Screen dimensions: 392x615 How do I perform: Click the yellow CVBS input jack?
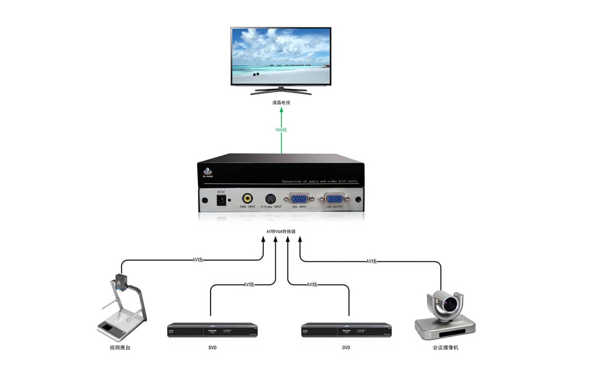coord(248,198)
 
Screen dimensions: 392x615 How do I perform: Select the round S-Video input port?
coord(271,198)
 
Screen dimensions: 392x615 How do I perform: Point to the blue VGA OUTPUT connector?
coord(334,199)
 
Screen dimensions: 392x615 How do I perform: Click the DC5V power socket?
coord(221,200)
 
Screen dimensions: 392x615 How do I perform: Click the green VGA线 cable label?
coord(281,130)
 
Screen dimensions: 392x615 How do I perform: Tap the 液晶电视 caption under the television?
coord(281,103)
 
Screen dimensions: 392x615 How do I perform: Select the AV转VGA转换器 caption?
coord(281,231)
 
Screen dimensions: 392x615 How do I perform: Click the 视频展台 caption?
coord(120,348)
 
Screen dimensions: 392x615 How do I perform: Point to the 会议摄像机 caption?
coord(445,348)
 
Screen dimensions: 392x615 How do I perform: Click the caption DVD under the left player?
coord(212,348)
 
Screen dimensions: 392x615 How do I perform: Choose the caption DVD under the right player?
coord(346,348)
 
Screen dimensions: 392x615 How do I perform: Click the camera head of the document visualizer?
coord(121,281)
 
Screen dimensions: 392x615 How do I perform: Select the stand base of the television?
coord(281,91)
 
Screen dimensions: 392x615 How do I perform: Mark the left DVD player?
coord(212,329)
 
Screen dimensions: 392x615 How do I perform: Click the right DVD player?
coord(346,329)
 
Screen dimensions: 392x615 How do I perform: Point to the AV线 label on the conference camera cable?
coord(372,261)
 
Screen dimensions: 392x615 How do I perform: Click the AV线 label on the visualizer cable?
coord(198,260)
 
